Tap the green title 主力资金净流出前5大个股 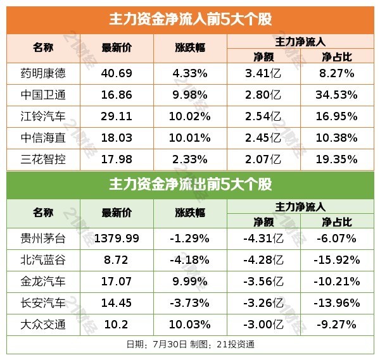point(190,184)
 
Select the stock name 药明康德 point(43,73)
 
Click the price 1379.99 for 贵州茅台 point(117,239)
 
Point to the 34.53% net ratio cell point(339,96)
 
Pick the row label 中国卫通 point(43,96)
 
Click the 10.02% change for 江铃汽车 point(190,117)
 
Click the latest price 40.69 point(117,73)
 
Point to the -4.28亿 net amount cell point(263,260)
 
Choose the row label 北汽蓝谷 point(43,260)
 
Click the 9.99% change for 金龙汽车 point(190,282)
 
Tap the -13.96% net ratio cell point(339,303)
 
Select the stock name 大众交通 point(43,325)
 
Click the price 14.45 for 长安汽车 point(117,303)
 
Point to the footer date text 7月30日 point(167,345)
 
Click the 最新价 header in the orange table point(117,48)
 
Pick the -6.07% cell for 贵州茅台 point(339,239)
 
